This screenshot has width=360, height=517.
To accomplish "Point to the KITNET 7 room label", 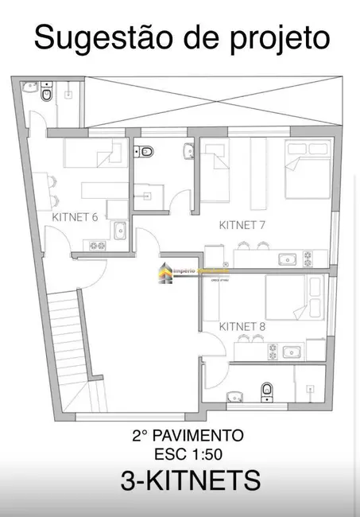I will pos(242,225).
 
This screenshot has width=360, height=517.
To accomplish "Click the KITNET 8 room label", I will pos(242,325).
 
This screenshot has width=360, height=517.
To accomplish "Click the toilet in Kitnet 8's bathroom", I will pos(268,389).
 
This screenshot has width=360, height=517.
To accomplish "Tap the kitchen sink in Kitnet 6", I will pos(121,231).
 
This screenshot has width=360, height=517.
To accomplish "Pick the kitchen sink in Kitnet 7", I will pos(285,258).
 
